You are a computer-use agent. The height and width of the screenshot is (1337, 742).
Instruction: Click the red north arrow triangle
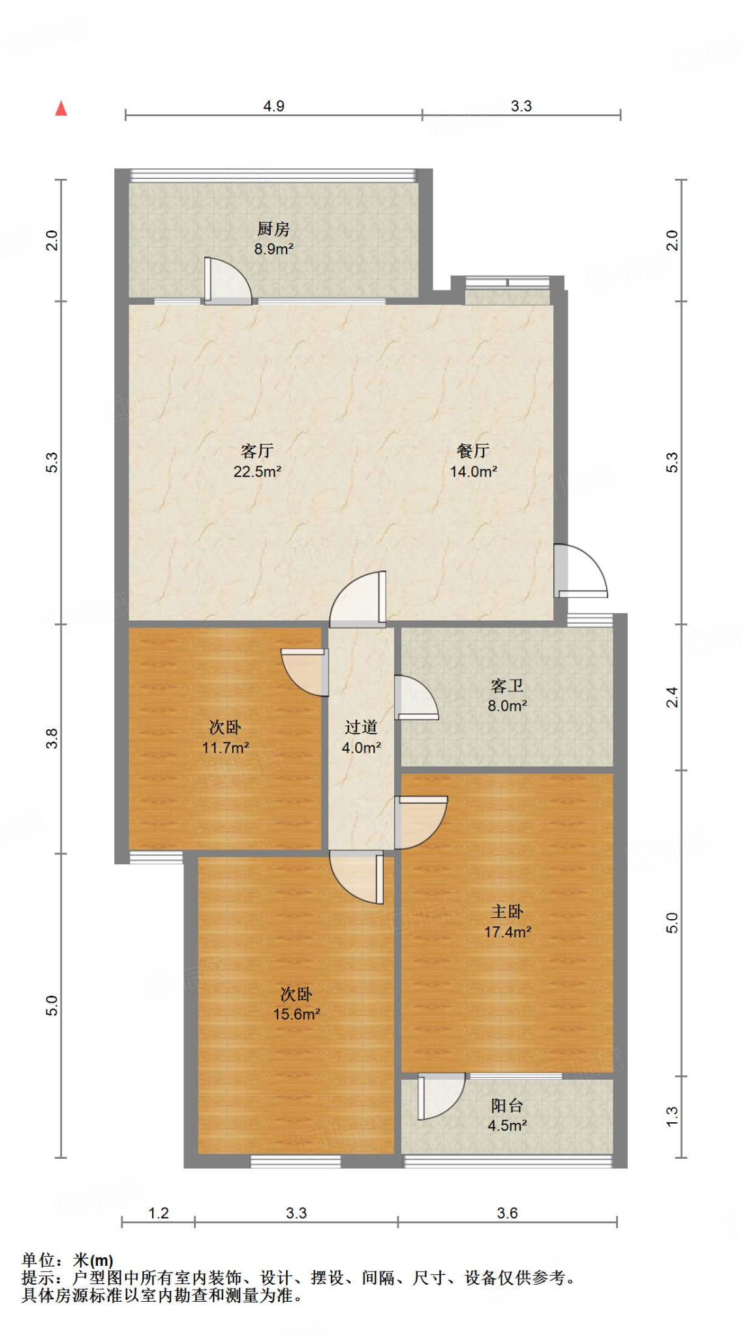61,108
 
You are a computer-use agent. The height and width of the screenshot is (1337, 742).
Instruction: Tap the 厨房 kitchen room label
273,229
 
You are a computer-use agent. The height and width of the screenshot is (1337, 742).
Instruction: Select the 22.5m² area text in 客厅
257,471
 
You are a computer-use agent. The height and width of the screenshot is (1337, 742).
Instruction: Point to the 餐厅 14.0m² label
473,461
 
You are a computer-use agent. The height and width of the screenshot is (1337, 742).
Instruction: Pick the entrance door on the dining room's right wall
580,572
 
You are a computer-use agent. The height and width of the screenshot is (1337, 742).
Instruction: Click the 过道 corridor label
361,727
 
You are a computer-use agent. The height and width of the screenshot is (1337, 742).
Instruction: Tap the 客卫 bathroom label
507,686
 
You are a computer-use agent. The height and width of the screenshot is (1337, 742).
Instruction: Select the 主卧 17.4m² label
507,922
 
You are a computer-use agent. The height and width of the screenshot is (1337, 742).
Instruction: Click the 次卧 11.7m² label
225,737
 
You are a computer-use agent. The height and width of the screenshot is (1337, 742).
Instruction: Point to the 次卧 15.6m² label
296,1004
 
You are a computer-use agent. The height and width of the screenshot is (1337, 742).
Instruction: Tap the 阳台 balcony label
507,1106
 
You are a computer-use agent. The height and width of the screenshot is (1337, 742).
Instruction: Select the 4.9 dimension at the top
273,106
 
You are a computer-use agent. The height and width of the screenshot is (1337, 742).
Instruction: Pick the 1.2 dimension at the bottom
159,1213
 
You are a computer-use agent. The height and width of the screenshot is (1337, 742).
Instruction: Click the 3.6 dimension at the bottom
507,1213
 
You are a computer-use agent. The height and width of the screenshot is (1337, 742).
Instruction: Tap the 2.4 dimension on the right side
672,697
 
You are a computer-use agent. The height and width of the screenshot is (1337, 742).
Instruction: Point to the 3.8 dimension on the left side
52,738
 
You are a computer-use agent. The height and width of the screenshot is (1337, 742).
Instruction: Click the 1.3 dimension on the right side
672,1116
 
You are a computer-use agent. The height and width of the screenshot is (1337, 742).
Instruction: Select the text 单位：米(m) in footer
67,1260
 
